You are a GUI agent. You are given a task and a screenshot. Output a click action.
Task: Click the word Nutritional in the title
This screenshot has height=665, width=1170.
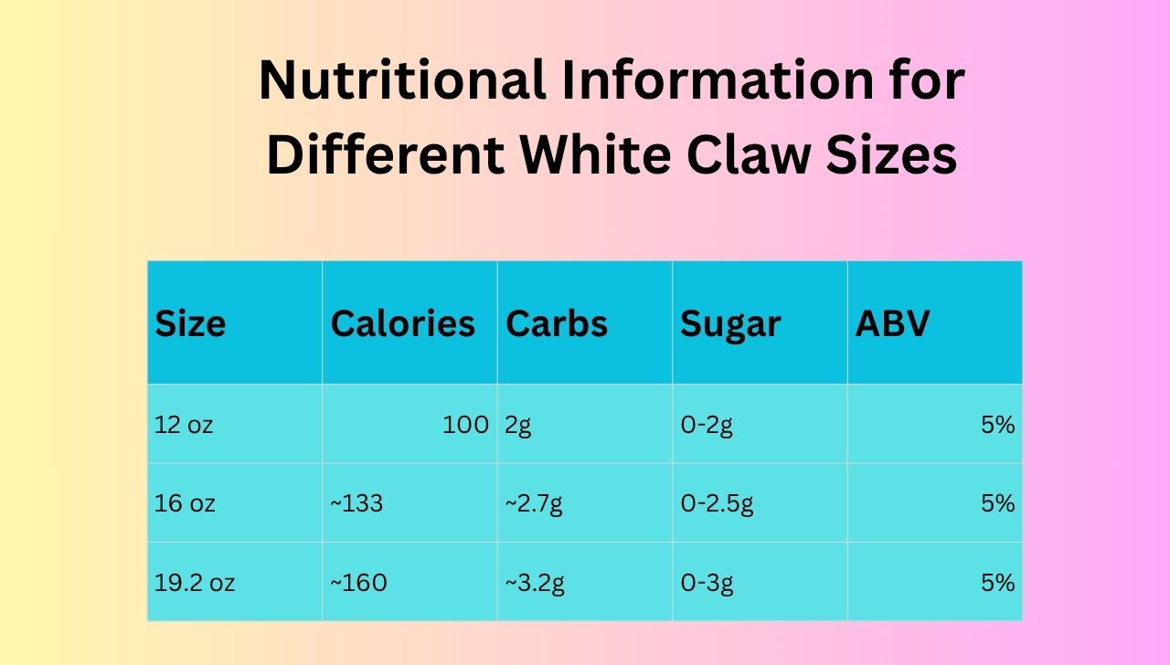pyautogui.click(x=401, y=81)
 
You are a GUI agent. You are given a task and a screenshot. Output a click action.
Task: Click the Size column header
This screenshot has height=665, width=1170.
pyautogui.click(x=190, y=324)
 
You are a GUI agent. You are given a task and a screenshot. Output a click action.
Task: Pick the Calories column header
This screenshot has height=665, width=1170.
pyautogui.click(x=403, y=324)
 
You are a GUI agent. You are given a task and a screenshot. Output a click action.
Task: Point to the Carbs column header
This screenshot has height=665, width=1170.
pyautogui.click(x=557, y=324)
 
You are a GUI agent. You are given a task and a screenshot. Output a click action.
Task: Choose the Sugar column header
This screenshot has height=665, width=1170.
pyautogui.click(x=730, y=324)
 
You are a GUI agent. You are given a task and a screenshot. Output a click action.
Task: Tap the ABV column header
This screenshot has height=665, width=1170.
pyautogui.click(x=892, y=324)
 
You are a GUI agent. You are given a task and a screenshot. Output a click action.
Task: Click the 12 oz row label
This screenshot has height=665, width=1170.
pyautogui.click(x=184, y=425)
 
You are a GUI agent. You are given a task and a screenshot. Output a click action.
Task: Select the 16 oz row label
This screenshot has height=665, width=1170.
pyautogui.click(x=185, y=503)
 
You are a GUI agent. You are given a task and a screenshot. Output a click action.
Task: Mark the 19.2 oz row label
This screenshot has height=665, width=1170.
pyautogui.click(x=195, y=583)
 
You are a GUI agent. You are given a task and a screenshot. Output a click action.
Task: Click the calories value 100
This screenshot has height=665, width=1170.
pyautogui.click(x=465, y=425)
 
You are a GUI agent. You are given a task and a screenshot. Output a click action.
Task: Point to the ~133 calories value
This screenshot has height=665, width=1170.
pyautogui.click(x=356, y=503)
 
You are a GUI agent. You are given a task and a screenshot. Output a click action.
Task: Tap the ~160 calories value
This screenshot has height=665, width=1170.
pyautogui.click(x=358, y=583)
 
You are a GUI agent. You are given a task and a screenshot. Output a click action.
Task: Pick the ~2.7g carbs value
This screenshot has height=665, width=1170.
pyautogui.click(x=534, y=503)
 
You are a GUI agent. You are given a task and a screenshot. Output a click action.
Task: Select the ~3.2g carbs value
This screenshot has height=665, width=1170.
pyautogui.click(x=535, y=583)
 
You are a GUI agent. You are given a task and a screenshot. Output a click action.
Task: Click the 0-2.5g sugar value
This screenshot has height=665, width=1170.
pyautogui.click(x=717, y=503)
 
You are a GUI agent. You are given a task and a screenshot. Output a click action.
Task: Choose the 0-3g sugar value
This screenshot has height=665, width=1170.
pyautogui.click(x=707, y=583)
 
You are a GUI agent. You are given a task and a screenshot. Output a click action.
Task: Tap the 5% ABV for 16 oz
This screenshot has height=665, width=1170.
pyautogui.click(x=997, y=503)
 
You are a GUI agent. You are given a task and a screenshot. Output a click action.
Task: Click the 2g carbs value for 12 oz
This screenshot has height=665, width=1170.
pyautogui.click(x=517, y=425)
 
